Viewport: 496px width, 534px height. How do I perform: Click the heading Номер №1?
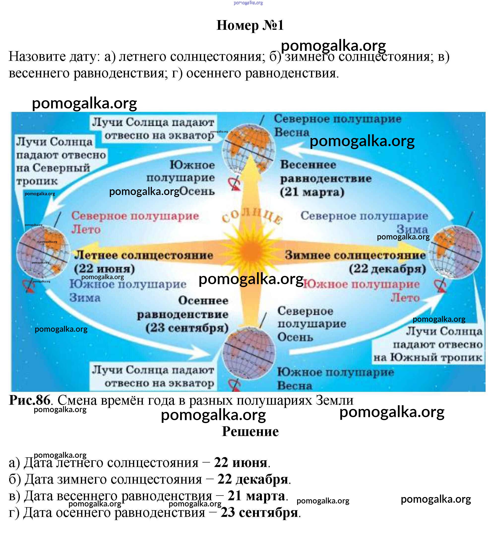[x=250, y=26]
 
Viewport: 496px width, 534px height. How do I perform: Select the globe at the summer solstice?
[x=43, y=252]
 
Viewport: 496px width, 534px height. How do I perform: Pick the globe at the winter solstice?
[x=455, y=251]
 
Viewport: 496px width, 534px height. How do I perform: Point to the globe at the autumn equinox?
[x=249, y=352]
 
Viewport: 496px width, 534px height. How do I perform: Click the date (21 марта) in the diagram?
[x=312, y=192]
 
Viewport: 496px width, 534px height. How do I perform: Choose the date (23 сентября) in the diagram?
[x=187, y=328]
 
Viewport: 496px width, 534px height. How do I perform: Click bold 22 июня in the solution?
[x=241, y=463]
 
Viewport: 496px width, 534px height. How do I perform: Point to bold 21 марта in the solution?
[x=256, y=496]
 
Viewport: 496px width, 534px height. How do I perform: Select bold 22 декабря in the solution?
[x=252, y=479]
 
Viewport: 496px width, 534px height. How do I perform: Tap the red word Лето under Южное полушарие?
[x=405, y=298]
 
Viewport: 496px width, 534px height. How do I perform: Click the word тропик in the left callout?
[x=37, y=181]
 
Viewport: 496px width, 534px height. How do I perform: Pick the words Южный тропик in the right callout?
[x=436, y=358]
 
